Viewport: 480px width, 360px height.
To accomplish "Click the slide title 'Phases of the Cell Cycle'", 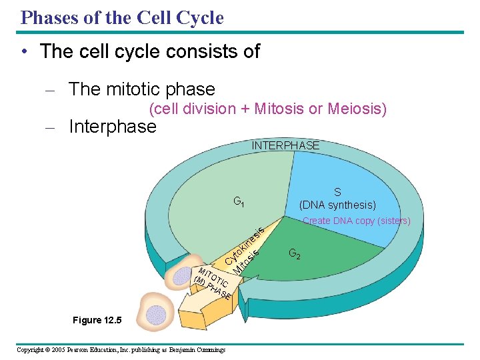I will point(122,17).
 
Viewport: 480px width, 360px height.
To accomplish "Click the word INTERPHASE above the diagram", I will point(285,145).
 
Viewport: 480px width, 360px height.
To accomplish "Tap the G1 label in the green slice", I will point(239,201).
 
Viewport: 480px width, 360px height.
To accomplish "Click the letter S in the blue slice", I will point(337,193).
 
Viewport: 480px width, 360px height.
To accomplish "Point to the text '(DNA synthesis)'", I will point(337,205).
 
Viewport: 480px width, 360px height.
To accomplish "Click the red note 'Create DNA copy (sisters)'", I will point(356,221).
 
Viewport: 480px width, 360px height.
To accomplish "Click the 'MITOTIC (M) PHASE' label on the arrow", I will point(212,283).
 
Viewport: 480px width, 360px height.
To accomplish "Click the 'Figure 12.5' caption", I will point(97,321).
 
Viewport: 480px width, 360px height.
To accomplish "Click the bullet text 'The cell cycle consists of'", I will point(150,51).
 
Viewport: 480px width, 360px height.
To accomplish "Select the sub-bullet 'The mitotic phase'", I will point(142,89).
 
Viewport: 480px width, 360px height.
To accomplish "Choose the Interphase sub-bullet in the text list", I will point(113,127).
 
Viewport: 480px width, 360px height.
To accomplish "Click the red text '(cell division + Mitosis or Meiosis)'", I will point(267,109).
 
